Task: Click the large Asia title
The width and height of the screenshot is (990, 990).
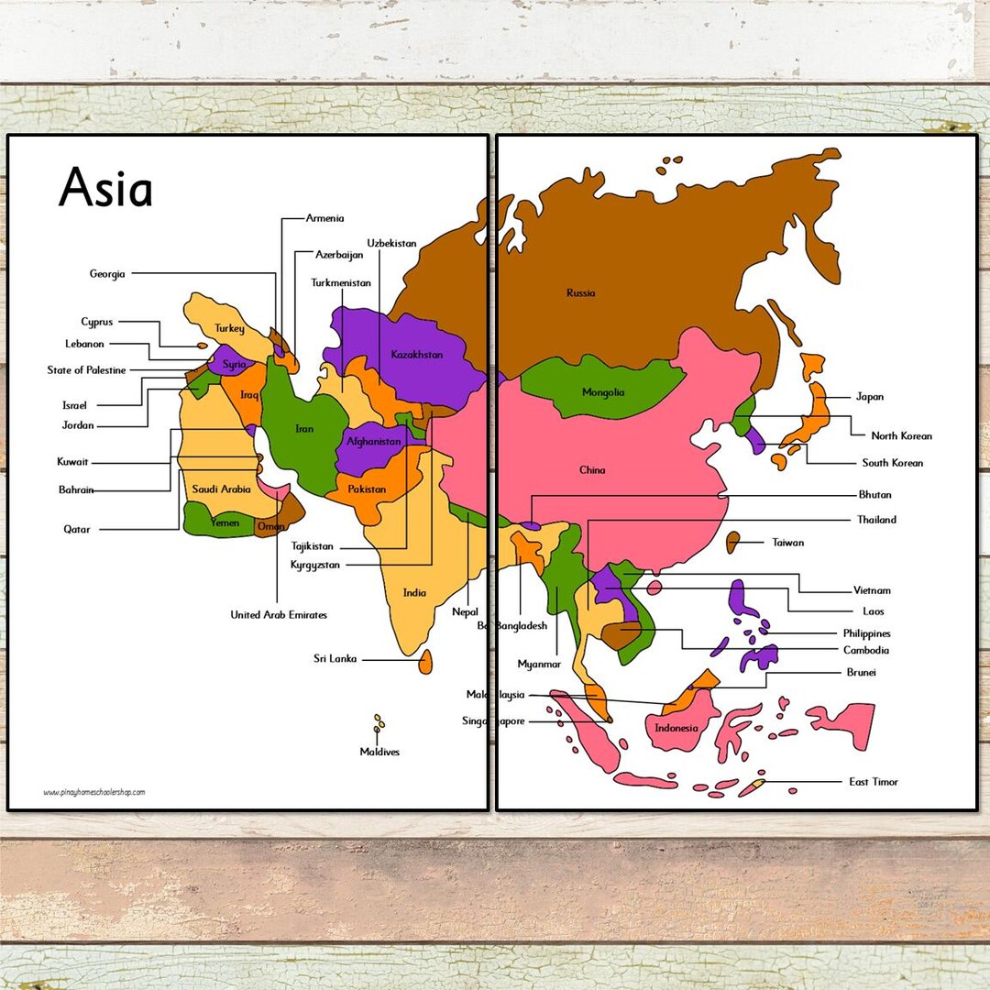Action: click(105, 190)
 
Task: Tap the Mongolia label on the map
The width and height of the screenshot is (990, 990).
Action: click(603, 392)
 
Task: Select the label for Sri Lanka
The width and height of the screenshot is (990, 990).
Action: click(335, 658)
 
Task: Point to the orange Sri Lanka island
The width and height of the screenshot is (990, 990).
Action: click(425, 661)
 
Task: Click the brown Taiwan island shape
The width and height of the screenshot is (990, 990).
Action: click(732, 542)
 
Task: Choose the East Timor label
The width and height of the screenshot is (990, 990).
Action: click(874, 782)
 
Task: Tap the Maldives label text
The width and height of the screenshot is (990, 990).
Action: click(379, 752)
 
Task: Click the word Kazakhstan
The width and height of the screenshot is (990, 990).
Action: click(417, 355)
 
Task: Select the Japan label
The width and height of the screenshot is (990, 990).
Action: click(869, 397)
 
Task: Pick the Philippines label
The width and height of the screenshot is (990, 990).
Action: click(866, 633)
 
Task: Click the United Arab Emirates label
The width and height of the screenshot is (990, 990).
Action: click(279, 614)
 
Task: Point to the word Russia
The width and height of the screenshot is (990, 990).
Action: click(580, 293)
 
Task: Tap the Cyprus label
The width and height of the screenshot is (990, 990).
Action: click(97, 322)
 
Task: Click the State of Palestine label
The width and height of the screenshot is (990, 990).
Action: click(87, 370)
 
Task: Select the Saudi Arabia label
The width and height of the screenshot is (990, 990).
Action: click(221, 489)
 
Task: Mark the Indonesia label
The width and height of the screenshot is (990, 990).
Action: click(676, 728)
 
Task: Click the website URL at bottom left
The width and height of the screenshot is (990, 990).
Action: click(93, 792)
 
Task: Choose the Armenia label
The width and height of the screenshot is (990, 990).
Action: click(325, 218)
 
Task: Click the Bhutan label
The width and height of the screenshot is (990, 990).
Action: click(874, 495)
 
